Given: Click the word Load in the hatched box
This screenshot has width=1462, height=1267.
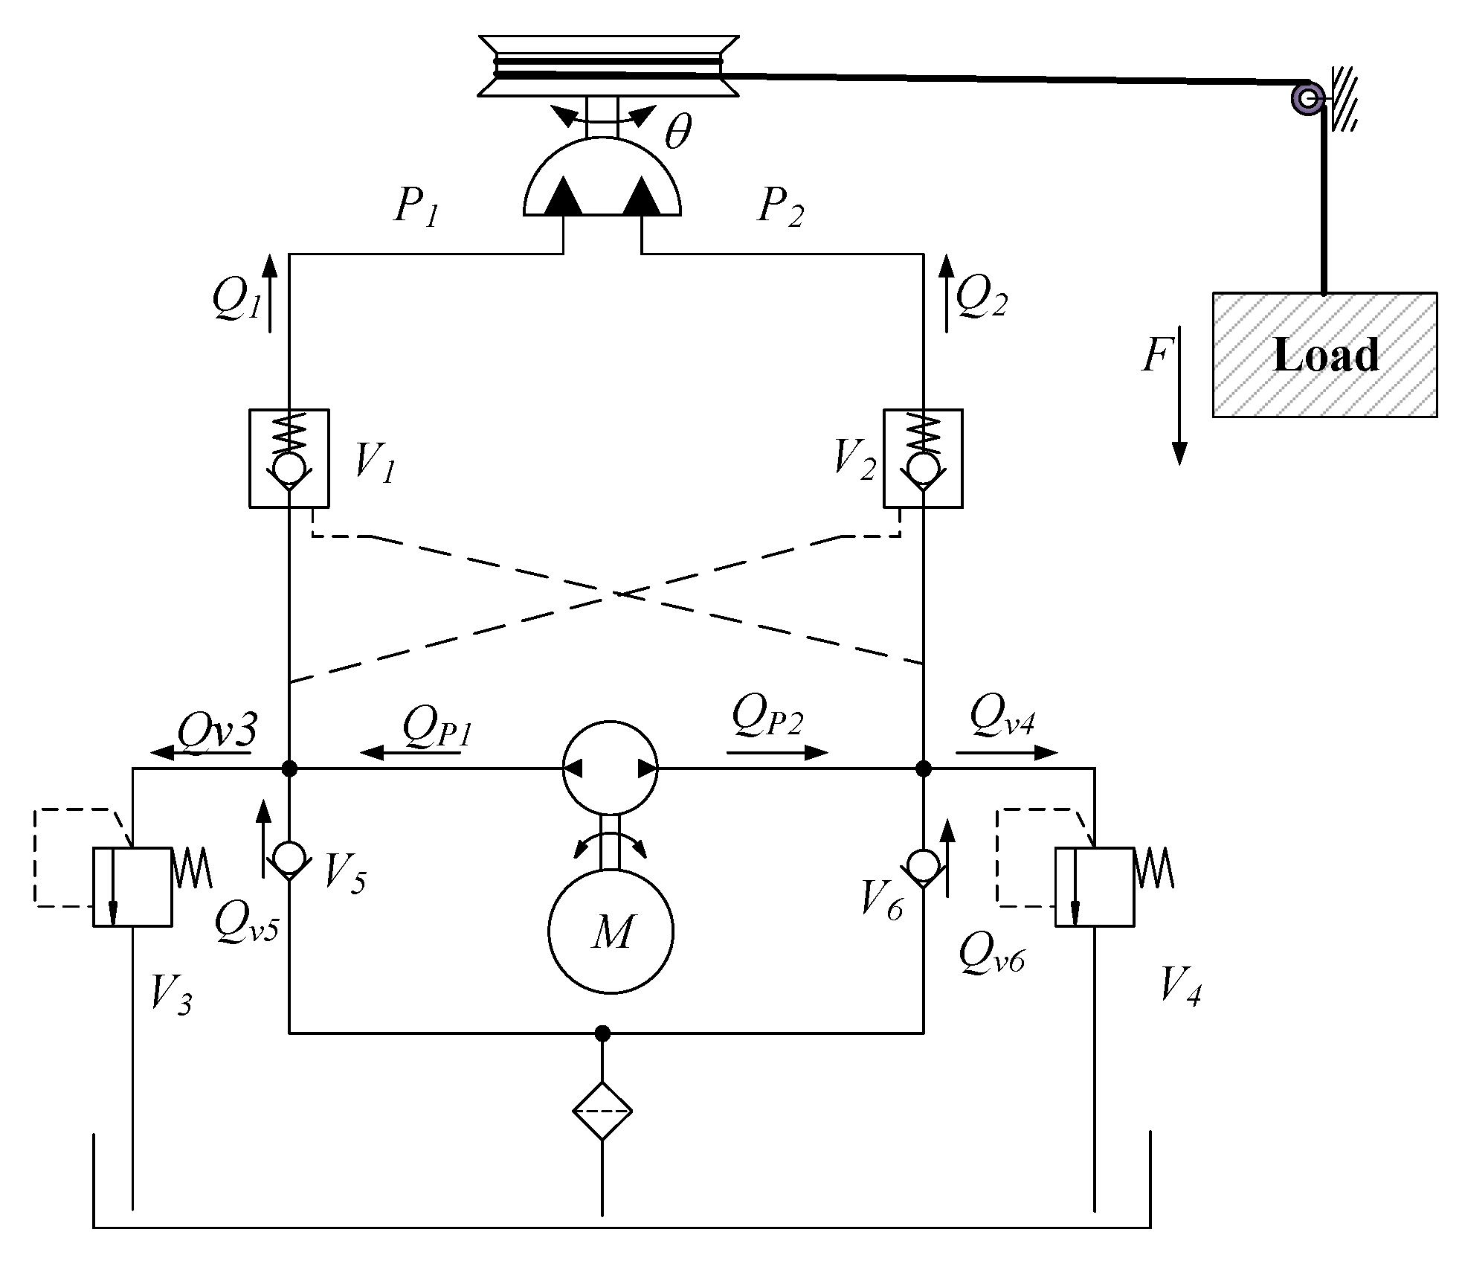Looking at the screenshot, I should [x=1326, y=355].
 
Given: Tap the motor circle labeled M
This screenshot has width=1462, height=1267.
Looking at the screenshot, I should [x=611, y=930].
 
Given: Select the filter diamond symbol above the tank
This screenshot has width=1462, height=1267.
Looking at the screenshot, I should [x=602, y=1112].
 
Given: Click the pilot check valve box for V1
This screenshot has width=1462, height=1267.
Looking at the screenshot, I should [x=289, y=458].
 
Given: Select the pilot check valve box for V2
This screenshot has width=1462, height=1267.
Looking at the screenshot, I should [x=923, y=458].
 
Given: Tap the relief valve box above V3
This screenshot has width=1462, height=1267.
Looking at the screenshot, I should [x=132, y=887].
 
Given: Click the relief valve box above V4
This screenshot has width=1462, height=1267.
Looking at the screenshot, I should [x=1095, y=887].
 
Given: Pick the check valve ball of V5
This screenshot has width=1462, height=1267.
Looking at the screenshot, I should [x=289, y=857].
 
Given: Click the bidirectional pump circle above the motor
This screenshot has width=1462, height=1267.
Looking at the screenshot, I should [x=610, y=768].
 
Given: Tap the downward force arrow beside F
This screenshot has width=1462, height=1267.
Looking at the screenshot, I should [x=1179, y=395].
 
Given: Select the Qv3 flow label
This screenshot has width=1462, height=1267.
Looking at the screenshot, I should [x=217, y=732].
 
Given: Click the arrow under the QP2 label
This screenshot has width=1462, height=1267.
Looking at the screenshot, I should [x=776, y=753].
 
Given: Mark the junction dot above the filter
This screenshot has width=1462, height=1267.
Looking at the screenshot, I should [x=602, y=1033].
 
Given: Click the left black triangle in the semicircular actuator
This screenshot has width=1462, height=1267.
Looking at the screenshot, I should [x=563, y=197].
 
